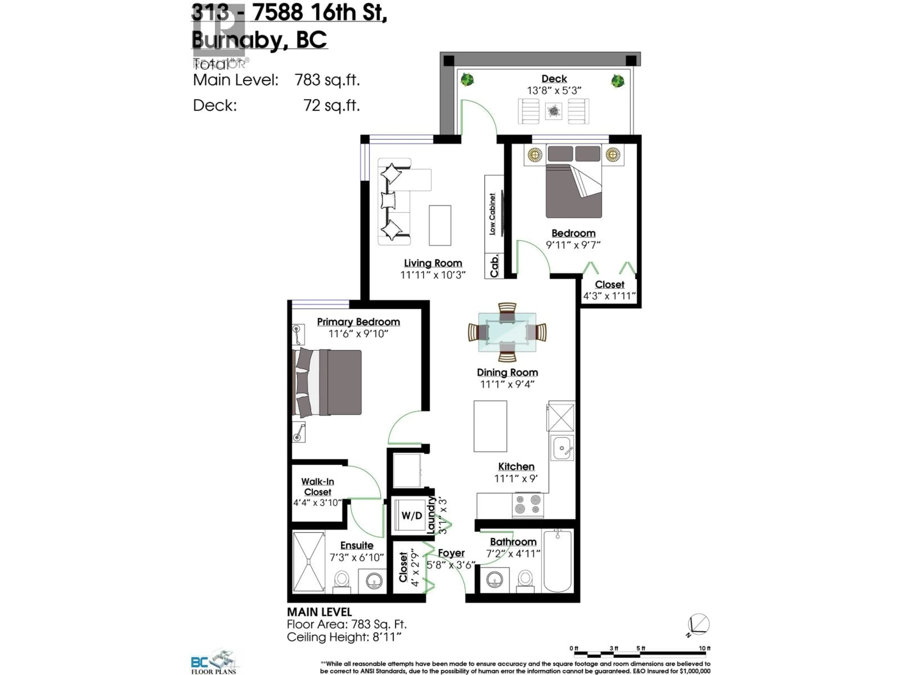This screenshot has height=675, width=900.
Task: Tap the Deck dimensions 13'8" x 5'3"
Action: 554,90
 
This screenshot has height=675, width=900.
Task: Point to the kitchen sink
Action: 562,448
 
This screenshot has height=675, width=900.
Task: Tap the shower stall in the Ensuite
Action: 308,562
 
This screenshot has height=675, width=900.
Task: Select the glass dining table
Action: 507,332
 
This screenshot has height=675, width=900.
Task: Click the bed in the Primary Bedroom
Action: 327,382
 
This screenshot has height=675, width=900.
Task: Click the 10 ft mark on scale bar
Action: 704,648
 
